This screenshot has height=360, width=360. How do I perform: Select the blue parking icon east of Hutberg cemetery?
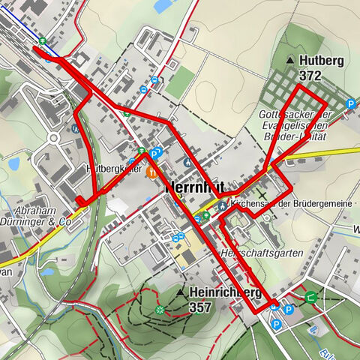tap(350, 104)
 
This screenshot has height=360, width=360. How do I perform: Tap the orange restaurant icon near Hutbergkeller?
tap(151, 172)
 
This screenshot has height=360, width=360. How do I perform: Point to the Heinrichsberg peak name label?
tap(225, 292)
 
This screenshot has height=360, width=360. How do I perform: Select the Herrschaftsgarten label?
tap(262, 253)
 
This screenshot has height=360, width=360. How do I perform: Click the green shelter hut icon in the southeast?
tap(310, 295)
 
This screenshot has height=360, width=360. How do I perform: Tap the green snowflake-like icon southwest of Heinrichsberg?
tap(159, 309)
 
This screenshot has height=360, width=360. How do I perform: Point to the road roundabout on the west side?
tap(53, 138)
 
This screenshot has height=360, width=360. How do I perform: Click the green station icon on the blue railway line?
tap(43, 41)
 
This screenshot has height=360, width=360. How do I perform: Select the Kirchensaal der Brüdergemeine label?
tap(288, 204)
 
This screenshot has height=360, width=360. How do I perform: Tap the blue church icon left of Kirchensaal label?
tap(223, 205)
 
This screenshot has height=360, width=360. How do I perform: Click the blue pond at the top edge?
tap(162, 6)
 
